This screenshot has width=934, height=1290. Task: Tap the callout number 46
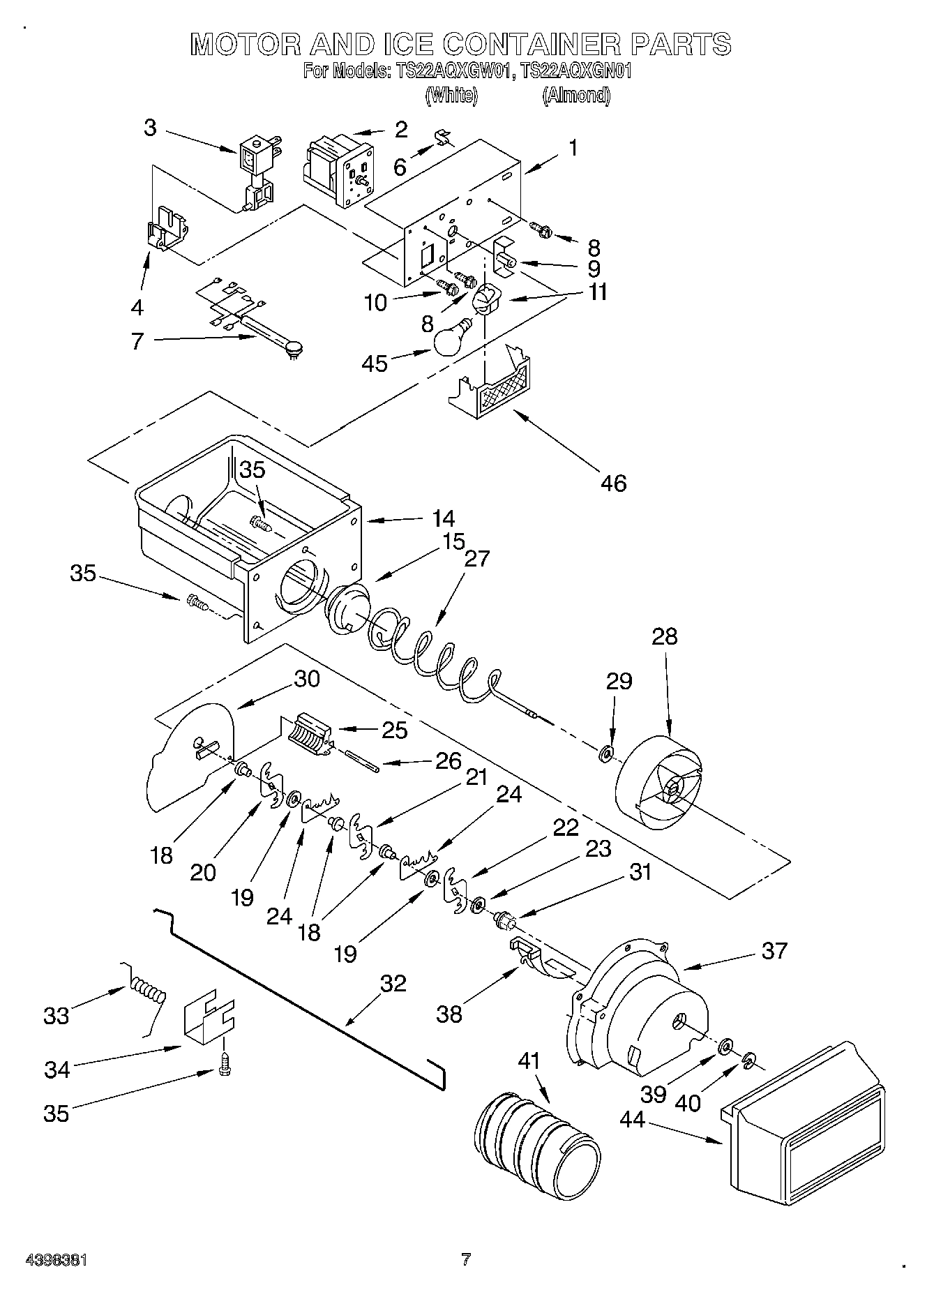click(613, 482)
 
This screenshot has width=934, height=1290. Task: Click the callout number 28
click(665, 636)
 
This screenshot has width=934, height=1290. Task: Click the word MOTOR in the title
click(246, 45)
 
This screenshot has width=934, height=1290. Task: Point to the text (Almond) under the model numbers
click(576, 96)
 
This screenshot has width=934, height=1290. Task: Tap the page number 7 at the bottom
click(466, 1259)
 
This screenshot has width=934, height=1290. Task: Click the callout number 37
click(774, 950)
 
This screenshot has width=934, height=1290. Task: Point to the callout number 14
click(443, 518)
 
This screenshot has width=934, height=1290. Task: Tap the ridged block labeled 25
click(307, 735)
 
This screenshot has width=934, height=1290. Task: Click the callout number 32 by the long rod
click(393, 983)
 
